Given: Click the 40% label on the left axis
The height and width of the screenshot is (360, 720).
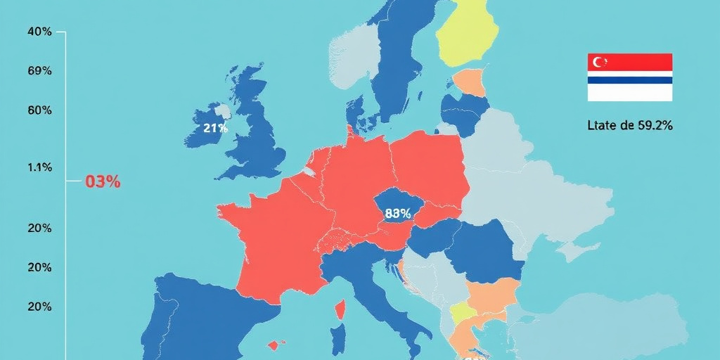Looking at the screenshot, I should pyautogui.click(x=39, y=32).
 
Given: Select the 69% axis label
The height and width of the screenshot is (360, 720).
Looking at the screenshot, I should pyautogui.click(x=39, y=71).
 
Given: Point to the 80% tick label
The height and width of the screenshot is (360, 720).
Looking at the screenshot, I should pyautogui.click(x=39, y=110).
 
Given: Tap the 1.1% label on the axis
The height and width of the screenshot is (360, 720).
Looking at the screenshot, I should pyautogui.click(x=39, y=167).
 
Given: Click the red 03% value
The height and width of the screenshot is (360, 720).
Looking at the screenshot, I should pyautogui.click(x=103, y=181).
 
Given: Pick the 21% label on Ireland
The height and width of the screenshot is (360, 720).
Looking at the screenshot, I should pyautogui.click(x=215, y=128).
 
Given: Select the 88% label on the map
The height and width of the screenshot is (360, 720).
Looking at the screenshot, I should pyautogui.click(x=398, y=212).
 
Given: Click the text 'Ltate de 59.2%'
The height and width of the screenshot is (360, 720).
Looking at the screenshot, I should pyautogui.click(x=630, y=125).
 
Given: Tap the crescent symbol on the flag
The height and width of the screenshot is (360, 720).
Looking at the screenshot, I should pyautogui.click(x=600, y=62).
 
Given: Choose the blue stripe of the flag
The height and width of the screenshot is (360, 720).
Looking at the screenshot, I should pyautogui.click(x=630, y=80).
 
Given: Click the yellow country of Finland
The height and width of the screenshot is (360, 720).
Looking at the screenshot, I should pyautogui.click(x=467, y=35).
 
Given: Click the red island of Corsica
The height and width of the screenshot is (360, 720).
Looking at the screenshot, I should pyautogui.click(x=341, y=308).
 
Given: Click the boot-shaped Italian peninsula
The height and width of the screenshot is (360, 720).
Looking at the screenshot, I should pyautogui.click(x=380, y=295).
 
